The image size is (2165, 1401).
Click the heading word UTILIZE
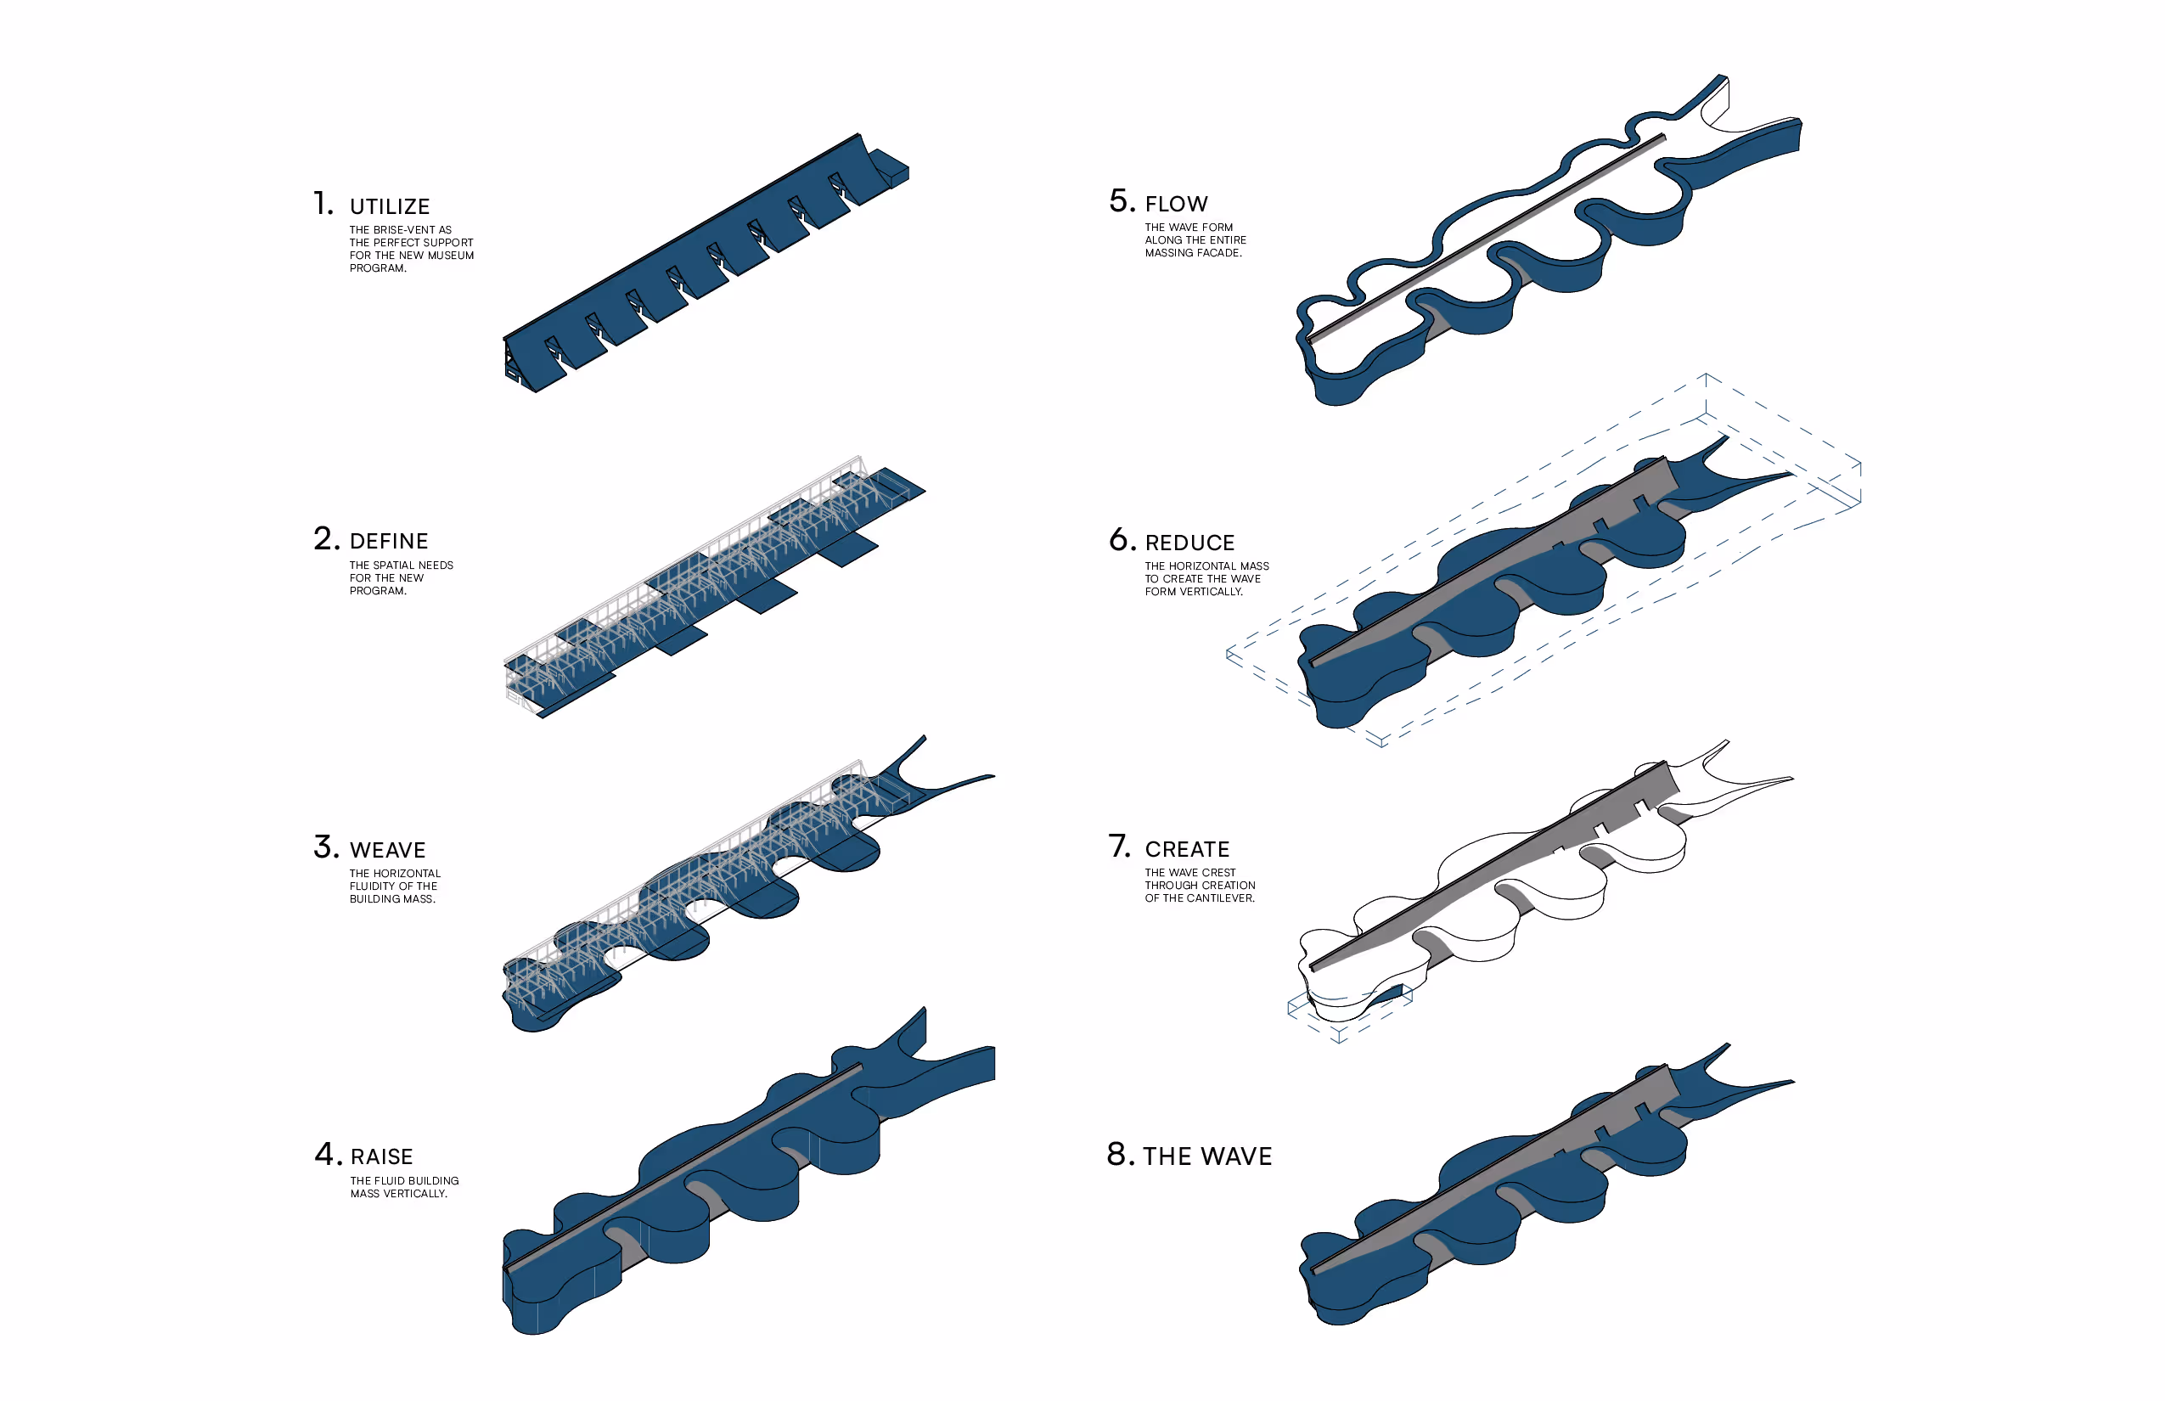[x=390, y=206]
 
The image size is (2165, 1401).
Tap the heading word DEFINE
[x=389, y=542]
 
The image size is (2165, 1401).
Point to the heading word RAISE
[x=381, y=1157]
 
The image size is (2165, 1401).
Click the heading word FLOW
[x=1176, y=204]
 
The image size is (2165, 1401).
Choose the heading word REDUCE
[x=1189, y=543]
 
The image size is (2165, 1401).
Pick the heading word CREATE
[x=1186, y=850]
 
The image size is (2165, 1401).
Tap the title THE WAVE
[x=1207, y=1156]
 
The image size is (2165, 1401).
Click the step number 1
[x=322, y=203]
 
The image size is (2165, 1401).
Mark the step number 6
[x=1122, y=540]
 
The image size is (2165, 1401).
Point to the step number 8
[x=1120, y=1155]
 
